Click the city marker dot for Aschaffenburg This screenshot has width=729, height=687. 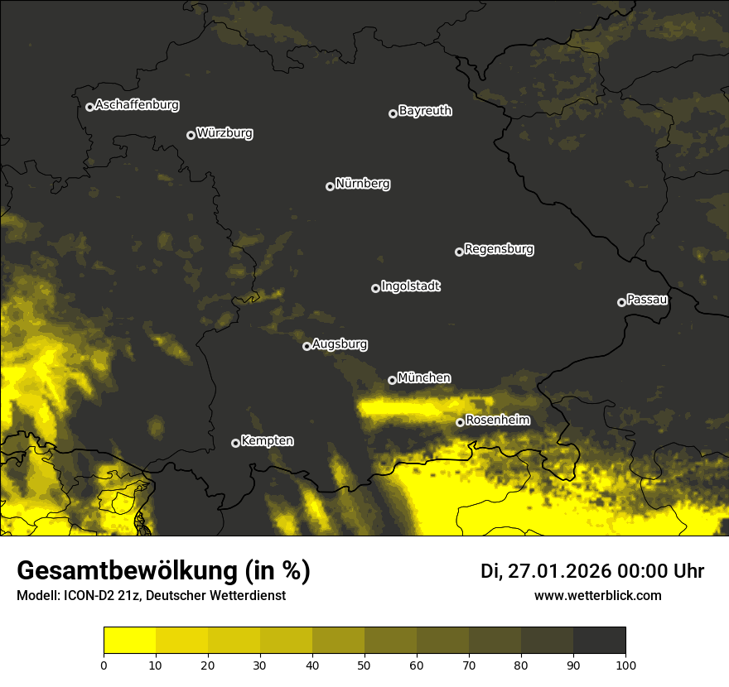[89, 107]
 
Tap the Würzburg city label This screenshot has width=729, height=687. [224, 133]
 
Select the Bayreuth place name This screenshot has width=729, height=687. [425, 111]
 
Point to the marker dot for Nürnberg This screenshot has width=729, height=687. [330, 186]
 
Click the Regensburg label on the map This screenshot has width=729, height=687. [499, 249]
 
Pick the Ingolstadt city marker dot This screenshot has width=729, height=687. [375, 288]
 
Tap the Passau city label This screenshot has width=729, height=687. [647, 300]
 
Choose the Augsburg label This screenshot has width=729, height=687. [340, 344]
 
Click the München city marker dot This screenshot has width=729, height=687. [392, 380]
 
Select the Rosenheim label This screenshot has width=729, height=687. [497, 420]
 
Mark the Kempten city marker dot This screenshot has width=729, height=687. [235, 443]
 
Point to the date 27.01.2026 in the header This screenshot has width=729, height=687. [557, 571]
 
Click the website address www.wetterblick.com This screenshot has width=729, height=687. [597, 595]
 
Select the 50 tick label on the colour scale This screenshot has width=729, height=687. [364, 664]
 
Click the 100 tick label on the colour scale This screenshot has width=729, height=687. [625, 664]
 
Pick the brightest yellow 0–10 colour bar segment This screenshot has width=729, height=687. [130, 641]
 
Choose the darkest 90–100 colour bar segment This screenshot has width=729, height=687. [599, 641]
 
